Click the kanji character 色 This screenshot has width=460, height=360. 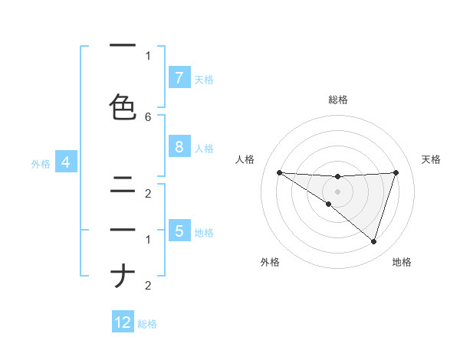click(123, 107)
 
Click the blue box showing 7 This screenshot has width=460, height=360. click(179, 77)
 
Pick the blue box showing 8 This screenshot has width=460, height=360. click(179, 147)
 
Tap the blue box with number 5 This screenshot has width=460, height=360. click(179, 231)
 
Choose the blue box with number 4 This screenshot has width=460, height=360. click(66, 162)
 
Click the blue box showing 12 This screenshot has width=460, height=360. click(123, 322)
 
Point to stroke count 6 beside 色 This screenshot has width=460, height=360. click(148, 116)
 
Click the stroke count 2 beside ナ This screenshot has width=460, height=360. click(148, 286)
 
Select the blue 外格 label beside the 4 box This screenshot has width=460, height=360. click(41, 163)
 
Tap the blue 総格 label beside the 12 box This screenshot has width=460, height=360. click(147, 324)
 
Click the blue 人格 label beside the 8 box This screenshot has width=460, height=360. click(204, 149)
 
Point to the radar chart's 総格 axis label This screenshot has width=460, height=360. click(338, 100)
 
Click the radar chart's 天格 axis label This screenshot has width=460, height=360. click(432, 159)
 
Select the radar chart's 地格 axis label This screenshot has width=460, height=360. click(402, 263)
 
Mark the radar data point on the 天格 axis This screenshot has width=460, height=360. click(396, 172)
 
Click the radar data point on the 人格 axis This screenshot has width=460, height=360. click(279, 172)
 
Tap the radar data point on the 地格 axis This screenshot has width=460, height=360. click(374, 242)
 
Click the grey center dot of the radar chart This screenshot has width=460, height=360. click(338, 191)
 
